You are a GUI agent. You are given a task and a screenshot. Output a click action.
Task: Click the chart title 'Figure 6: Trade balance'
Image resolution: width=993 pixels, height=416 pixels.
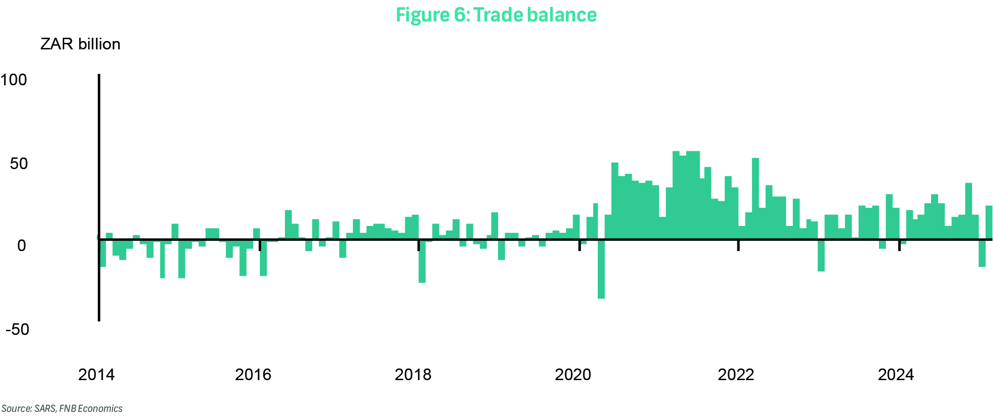coord(496,15)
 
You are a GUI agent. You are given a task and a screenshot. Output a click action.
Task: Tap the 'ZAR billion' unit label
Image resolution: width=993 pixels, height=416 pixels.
coord(80,44)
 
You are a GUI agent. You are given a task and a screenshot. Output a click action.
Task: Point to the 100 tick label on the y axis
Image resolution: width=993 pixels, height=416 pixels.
coord(14,80)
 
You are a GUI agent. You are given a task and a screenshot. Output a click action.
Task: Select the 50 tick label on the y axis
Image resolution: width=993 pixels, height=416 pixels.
coord(19,164)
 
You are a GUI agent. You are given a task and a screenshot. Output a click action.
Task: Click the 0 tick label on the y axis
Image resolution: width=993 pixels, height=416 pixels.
coord(21,246)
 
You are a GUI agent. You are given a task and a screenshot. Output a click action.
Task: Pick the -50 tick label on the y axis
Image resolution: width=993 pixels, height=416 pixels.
coord(17,329)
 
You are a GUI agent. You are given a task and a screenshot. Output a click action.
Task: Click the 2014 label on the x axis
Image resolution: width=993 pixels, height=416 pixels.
coord(96,375)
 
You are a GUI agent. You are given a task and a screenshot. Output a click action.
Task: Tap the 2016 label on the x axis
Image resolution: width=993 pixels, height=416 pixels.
coord(253,375)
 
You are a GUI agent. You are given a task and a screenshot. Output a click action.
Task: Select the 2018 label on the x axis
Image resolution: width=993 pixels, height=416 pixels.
coord(413,375)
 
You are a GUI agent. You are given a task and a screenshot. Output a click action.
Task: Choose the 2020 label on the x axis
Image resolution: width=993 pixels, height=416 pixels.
coord(573,375)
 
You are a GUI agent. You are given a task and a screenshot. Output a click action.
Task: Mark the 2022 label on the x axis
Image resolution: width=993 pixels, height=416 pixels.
coord(736,375)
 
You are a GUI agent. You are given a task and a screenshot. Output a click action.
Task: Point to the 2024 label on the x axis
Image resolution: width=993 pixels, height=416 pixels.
coord(896,375)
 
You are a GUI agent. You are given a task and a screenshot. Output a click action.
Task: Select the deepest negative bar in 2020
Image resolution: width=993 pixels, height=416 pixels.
coord(601,269)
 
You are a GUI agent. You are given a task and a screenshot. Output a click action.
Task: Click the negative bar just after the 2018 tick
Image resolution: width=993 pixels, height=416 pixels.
coord(422,261)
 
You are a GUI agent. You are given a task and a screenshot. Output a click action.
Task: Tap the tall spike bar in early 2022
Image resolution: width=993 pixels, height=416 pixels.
coord(755,198)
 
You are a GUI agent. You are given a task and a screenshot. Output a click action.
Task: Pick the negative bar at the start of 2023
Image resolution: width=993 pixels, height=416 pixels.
coord(821,256)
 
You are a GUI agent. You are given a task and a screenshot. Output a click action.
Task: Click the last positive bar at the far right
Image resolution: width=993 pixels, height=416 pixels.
coord(988,222)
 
